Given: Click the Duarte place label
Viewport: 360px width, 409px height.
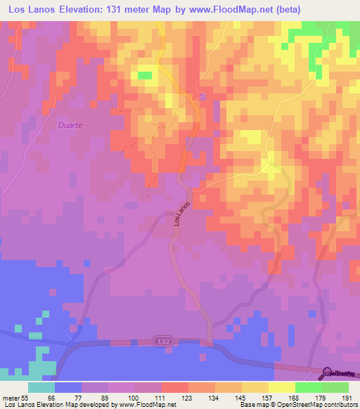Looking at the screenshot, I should [x=69, y=124].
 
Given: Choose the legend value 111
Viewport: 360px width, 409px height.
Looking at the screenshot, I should [x=162, y=397].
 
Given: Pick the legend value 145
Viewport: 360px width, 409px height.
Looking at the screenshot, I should [x=242, y=397].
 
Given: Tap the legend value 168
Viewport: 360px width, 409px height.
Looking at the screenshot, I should [x=295, y=397].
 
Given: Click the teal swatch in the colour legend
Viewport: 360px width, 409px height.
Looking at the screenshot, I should [x=41, y=387].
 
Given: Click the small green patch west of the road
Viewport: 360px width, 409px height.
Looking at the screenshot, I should [x=145, y=74].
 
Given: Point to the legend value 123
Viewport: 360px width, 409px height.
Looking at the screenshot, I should [x=188, y=397].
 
